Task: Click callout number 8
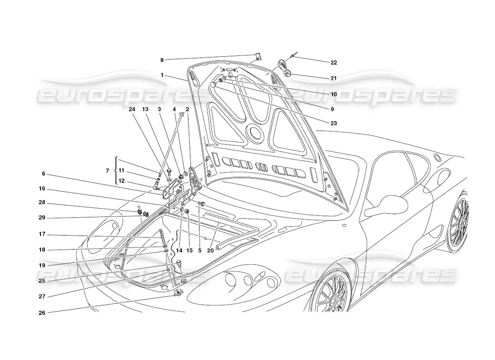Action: (x=162, y=59)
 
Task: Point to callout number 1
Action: (x=162, y=75)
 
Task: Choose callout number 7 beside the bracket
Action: (x=107, y=171)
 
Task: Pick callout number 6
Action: (x=44, y=174)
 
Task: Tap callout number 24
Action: (x=132, y=109)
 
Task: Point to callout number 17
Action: (x=42, y=235)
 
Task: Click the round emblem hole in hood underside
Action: (x=255, y=133)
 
